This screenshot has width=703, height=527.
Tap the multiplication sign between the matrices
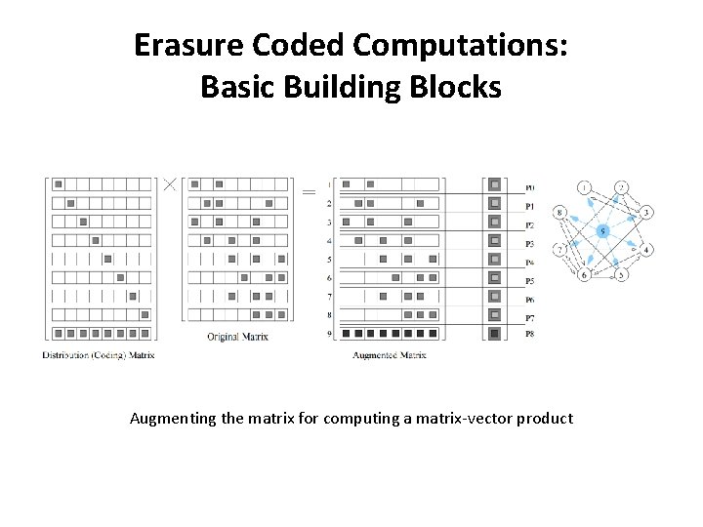click(x=169, y=183)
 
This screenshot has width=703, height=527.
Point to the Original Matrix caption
click(x=237, y=338)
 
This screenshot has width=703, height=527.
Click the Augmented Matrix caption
click(x=389, y=355)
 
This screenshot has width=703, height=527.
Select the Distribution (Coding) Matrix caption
click(x=99, y=355)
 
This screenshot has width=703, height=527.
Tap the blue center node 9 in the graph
click(x=602, y=231)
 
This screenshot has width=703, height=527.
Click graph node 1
click(x=584, y=187)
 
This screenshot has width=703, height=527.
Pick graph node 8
click(x=560, y=212)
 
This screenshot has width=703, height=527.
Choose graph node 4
click(x=647, y=251)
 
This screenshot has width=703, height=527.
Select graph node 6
click(x=584, y=275)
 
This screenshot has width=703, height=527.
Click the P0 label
click(x=529, y=187)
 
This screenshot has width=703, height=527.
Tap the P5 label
click(x=529, y=281)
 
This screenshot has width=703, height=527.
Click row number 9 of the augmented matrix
click(x=329, y=334)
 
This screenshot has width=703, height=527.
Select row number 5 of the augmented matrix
click(x=329, y=260)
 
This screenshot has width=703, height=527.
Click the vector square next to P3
click(x=495, y=241)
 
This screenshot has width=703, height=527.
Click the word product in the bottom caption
click(x=548, y=419)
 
